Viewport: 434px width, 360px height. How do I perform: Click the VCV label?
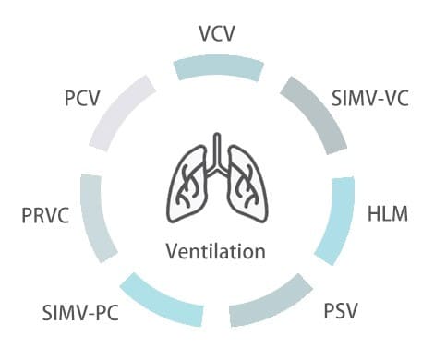coord(217,33)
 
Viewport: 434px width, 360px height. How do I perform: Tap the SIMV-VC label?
coord(370,99)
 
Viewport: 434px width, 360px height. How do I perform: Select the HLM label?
coord(388,214)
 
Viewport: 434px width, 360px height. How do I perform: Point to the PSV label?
coord(341,311)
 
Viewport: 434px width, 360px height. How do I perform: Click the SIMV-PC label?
coord(80,313)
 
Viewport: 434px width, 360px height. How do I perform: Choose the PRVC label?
coord(45,215)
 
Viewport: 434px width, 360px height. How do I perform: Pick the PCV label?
coord(82,99)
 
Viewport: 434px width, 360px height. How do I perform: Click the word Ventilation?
coord(216,251)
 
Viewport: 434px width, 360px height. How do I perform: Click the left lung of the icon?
coord(187,185)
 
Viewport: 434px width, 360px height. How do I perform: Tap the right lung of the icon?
coord(247,185)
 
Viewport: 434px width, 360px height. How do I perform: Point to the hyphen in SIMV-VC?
coord(380,101)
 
